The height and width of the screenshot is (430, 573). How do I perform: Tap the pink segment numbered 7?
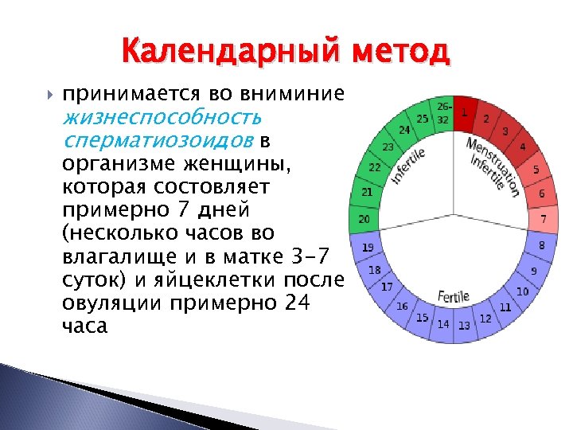(544, 217)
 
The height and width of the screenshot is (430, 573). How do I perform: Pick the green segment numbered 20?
(365, 219)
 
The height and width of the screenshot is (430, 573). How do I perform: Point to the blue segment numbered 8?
(541, 246)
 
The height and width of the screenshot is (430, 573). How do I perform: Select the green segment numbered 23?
(388, 147)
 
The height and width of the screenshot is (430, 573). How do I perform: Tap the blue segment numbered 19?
(368, 248)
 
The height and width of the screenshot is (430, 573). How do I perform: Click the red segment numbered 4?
(522, 147)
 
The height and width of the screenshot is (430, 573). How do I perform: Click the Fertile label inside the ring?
(453, 295)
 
